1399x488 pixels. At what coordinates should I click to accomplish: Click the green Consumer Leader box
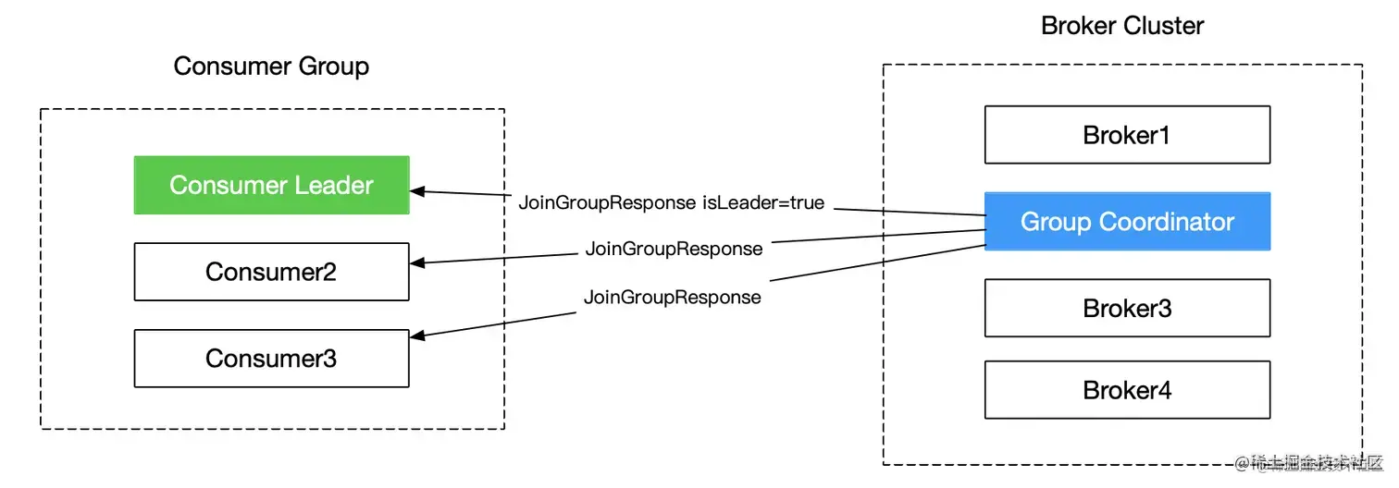[271, 185]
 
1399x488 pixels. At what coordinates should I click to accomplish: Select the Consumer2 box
[271, 272]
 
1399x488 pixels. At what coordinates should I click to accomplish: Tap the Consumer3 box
[271, 359]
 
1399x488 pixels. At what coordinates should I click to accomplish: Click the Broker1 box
[1127, 135]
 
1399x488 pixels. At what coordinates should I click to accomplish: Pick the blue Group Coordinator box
[1127, 222]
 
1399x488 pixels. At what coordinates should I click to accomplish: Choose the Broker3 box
[1127, 309]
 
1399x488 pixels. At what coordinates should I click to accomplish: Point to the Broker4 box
[1127, 390]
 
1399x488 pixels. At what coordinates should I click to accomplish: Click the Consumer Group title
[271, 67]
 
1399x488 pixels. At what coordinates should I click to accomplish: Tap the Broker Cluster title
[1122, 26]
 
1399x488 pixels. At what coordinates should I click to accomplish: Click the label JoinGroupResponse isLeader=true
[671, 202]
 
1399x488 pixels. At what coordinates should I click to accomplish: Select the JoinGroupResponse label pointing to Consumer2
[674, 249]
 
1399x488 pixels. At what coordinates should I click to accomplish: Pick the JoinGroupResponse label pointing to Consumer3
[672, 298]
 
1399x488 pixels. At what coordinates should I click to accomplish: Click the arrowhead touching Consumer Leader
[417, 191]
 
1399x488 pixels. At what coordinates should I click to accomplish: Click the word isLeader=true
[763, 202]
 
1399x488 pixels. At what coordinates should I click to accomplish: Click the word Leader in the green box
[334, 185]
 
